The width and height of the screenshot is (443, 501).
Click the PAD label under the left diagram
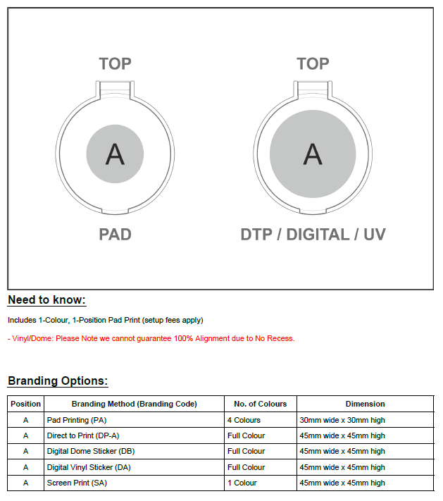[x=115, y=235]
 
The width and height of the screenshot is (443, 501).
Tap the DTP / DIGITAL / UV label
[x=313, y=235]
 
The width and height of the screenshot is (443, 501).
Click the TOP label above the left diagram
[x=115, y=64]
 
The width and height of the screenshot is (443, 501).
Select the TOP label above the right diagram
[x=313, y=64]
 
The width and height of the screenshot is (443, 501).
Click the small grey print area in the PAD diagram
[x=115, y=154]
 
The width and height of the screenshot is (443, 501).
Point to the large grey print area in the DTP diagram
[x=313, y=154]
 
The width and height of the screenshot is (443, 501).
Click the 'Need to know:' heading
[x=46, y=300]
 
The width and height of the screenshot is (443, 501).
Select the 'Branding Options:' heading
[x=58, y=381]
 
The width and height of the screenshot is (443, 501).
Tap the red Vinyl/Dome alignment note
[x=151, y=338]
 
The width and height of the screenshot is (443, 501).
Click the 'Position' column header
[x=25, y=404]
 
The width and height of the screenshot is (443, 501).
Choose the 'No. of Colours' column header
[x=261, y=404]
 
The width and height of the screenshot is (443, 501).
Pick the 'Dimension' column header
[x=365, y=404]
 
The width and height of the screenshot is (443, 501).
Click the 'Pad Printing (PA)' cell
[x=77, y=420]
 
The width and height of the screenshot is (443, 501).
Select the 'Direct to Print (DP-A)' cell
[x=83, y=435]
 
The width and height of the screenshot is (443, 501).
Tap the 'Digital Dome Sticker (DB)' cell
[x=91, y=451]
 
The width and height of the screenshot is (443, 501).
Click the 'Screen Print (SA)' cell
[x=77, y=483]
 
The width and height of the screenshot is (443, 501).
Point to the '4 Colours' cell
[x=244, y=420]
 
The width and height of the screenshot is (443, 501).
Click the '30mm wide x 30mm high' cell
[x=342, y=420]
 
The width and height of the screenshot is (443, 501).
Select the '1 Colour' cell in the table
[x=242, y=483]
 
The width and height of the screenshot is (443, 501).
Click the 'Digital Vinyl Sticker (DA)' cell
[x=89, y=467]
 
